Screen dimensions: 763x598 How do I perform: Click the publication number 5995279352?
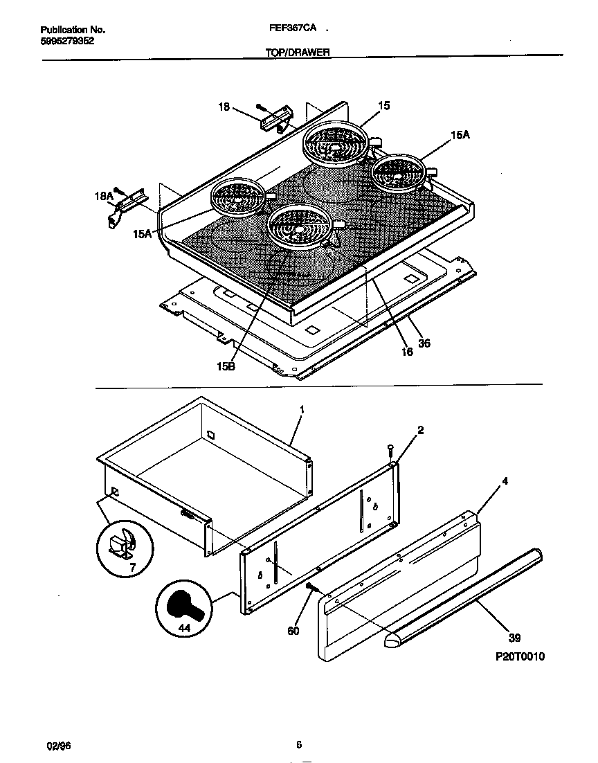(67, 41)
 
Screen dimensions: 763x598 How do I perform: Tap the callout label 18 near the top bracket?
(224, 107)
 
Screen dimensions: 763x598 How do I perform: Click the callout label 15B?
(226, 366)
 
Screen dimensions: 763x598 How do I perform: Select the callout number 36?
(424, 343)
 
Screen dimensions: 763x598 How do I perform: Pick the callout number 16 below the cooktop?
(407, 352)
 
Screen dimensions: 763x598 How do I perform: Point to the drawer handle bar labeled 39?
(464, 595)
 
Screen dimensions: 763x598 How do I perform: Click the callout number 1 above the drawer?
(302, 409)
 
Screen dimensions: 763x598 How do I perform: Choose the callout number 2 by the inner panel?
(420, 430)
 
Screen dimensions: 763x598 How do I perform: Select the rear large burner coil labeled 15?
(336, 143)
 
